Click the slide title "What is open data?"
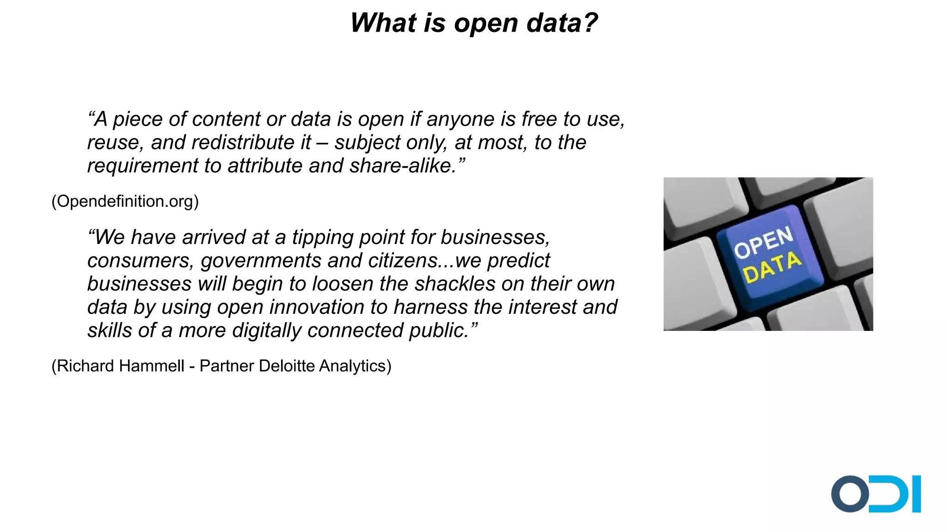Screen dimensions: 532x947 [x=473, y=23]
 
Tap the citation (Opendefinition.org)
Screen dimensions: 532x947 [x=125, y=202]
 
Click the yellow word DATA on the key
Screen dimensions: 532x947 [x=772, y=267]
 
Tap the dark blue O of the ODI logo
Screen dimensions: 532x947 [x=850, y=494]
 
